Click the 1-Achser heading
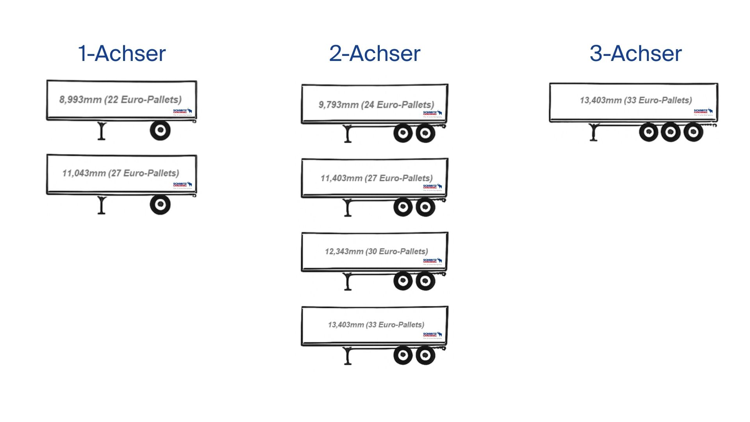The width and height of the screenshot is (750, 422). (122, 54)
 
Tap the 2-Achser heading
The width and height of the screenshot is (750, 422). (375, 54)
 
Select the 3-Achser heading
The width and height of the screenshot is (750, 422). (636, 54)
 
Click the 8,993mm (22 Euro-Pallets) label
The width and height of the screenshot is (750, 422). (120, 100)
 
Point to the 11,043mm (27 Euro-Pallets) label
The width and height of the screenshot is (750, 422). (120, 173)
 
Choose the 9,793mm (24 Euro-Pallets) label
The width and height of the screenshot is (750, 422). (376, 105)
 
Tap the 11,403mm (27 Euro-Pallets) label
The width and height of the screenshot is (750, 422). (376, 178)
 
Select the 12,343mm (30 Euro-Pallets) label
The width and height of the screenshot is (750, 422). (376, 251)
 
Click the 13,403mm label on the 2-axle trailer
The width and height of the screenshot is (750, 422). (376, 325)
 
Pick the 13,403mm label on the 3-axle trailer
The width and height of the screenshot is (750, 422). (636, 100)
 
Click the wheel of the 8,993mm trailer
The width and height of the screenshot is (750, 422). (160, 131)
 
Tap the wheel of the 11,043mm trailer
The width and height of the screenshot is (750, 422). (160, 204)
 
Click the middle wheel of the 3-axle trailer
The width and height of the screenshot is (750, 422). (671, 132)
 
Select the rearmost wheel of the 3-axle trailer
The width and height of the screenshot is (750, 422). (693, 132)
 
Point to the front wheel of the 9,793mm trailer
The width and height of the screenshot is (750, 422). (403, 133)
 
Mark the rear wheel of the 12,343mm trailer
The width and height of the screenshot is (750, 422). (425, 281)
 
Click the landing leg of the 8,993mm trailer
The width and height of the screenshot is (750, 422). (102, 131)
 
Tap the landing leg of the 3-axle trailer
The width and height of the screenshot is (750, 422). (594, 132)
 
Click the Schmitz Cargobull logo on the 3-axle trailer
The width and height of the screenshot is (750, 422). (703, 112)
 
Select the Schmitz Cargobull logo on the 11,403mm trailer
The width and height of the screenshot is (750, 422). (432, 187)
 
